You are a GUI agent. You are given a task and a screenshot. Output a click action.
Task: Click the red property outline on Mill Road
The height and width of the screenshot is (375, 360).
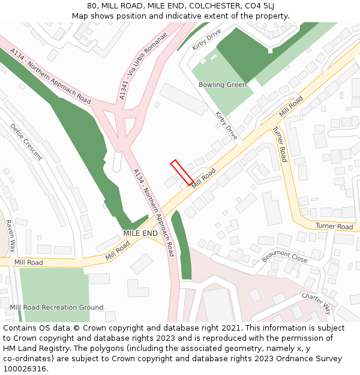coord(182,172)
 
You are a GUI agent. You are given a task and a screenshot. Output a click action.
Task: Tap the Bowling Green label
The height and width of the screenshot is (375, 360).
coord(223,85)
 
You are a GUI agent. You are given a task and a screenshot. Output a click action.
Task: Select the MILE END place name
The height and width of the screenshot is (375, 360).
coord(140,233)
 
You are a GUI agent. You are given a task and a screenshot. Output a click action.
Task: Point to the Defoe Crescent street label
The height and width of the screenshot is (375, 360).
coord(26,142)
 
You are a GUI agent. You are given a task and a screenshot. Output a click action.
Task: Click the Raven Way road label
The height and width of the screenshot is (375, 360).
coord(10,235)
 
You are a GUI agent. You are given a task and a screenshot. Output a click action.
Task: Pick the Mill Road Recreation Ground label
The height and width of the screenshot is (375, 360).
coord(56,307)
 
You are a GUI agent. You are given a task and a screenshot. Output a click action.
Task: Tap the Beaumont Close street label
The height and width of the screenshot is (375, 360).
coord(284,256)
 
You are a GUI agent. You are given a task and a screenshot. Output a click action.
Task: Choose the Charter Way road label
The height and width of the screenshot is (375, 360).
coord(316,304)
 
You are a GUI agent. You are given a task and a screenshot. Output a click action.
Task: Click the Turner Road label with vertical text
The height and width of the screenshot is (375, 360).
coord(280,144)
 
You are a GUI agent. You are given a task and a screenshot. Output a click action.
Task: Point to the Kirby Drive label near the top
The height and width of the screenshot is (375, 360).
coord(207,39)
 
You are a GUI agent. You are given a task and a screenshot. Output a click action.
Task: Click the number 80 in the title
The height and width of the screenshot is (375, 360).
coord(92,6)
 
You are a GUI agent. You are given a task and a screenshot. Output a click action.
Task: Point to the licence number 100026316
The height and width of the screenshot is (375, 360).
coord(26,369)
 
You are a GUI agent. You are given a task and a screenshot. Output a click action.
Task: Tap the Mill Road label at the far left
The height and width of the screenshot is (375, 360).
coord(28,262)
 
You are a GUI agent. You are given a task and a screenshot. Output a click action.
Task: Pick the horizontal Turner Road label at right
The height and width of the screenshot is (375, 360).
coord(334,226)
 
